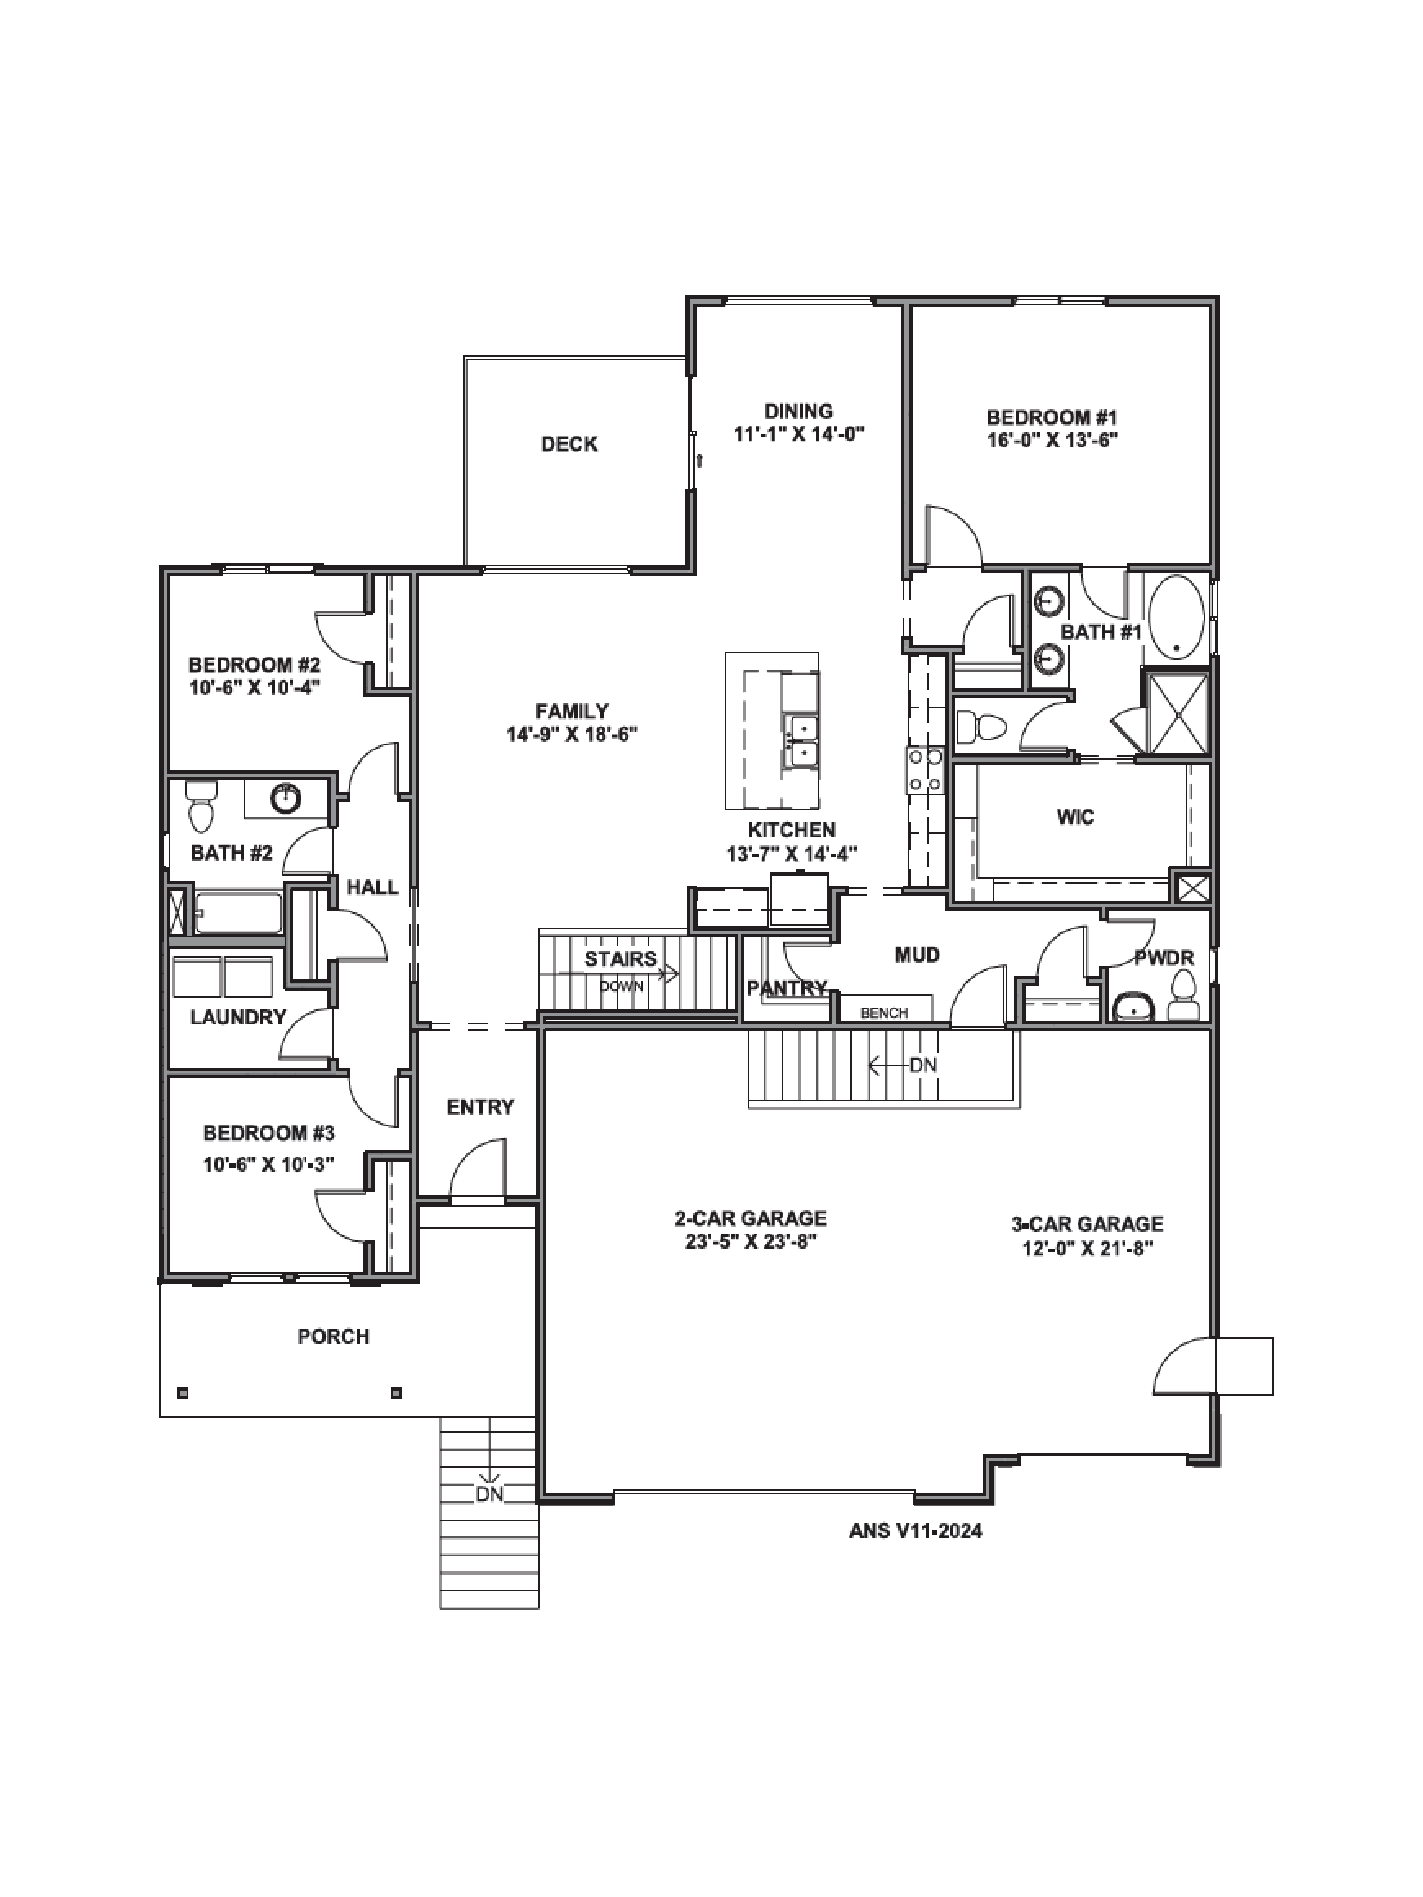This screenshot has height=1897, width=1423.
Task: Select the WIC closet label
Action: click(x=1075, y=816)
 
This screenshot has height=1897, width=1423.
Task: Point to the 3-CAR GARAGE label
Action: click(x=1087, y=1224)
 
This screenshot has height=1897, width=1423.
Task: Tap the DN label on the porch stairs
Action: click(x=490, y=1495)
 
